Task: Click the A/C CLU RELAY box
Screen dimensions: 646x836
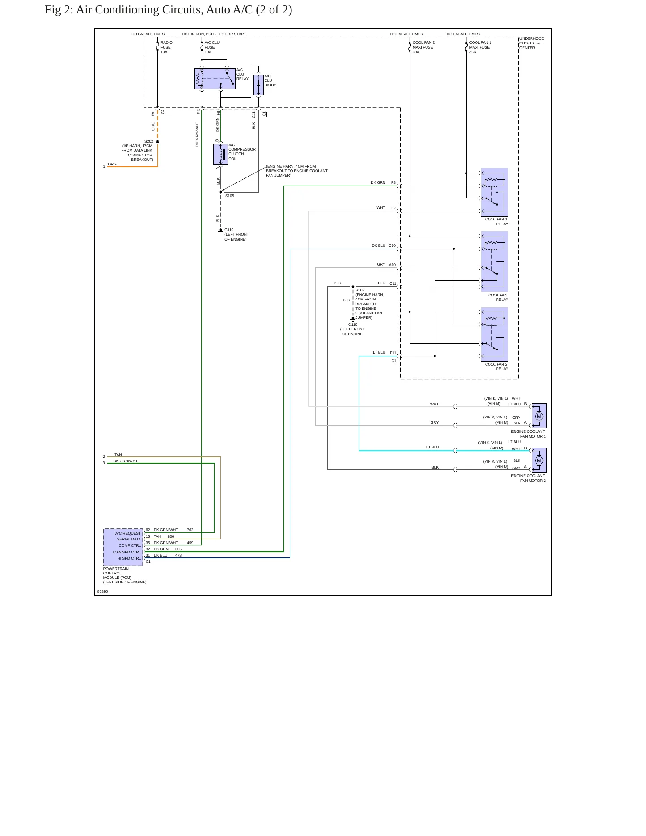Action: (x=215, y=79)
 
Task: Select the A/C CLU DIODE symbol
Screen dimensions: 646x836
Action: (x=258, y=85)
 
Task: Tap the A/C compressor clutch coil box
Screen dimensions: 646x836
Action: (x=220, y=154)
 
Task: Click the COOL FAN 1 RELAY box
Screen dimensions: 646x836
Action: (x=494, y=192)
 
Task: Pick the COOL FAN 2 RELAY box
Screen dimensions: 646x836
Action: (x=494, y=334)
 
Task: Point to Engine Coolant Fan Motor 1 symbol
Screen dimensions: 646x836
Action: (x=539, y=416)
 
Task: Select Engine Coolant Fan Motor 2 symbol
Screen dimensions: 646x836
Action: (x=539, y=460)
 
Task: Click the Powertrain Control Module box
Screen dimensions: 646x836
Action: (x=123, y=547)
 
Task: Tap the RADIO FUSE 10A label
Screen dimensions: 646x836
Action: (x=166, y=47)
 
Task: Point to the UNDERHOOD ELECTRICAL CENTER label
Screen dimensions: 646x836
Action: (x=532, y=43)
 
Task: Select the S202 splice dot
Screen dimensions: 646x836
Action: (x=158, y=142)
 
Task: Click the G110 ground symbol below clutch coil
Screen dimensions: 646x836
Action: (x=220, y=231)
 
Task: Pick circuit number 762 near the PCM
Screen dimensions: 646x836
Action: (x=190, y=530)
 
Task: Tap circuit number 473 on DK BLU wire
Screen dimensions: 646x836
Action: (x=178, y=555)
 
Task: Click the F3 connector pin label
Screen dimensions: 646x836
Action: (x=393, y=182)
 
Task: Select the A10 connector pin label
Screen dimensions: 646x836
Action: (x=392, y=265)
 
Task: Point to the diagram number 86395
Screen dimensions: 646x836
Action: (x=102, y=591)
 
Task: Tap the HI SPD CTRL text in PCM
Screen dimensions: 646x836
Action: (x=129, y=558)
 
